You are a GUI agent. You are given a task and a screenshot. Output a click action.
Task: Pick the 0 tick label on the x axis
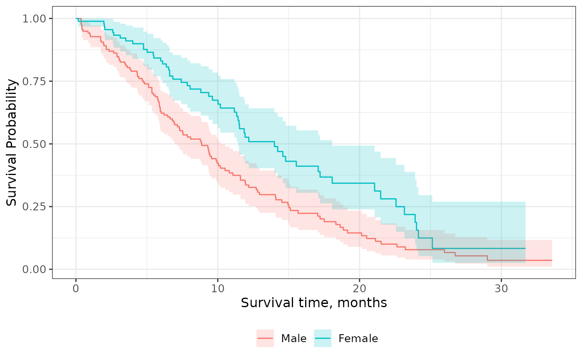(76, 288)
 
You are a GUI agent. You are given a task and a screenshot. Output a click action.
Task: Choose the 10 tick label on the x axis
(218, 288)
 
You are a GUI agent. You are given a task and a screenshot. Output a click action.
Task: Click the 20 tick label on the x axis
(360, 288)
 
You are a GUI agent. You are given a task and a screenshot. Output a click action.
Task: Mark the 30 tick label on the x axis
(501, 288)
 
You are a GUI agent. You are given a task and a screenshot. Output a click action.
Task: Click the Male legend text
(294, 339)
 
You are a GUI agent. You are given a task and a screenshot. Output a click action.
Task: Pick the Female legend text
(358, 339)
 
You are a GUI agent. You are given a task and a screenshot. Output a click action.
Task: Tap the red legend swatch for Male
(265, 338)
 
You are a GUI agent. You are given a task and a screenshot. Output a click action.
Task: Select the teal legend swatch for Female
(323, 338)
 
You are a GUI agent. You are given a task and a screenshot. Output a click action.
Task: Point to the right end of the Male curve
(552, 260)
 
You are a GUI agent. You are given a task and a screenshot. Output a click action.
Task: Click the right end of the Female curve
(525, 248)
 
